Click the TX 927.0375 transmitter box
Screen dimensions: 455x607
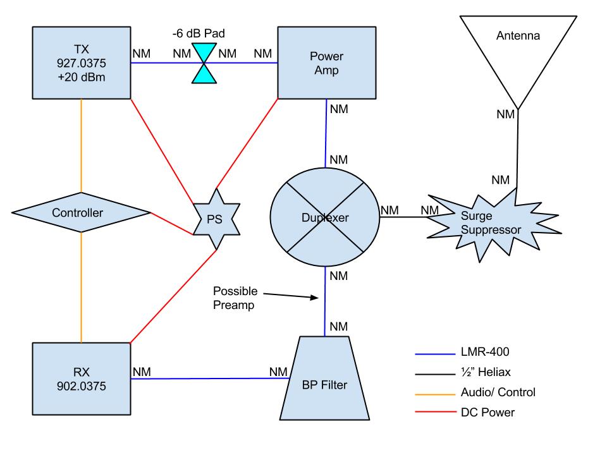tap(81, 63)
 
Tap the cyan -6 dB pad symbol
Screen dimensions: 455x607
tap(203, 63)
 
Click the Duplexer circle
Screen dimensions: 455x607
tap(325, 217)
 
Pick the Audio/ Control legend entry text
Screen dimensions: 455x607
tap(499, 392)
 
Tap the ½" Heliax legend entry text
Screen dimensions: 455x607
tap(486, 372)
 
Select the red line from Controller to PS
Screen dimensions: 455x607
tap(172, 224)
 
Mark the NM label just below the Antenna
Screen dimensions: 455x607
tap(505, 114)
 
